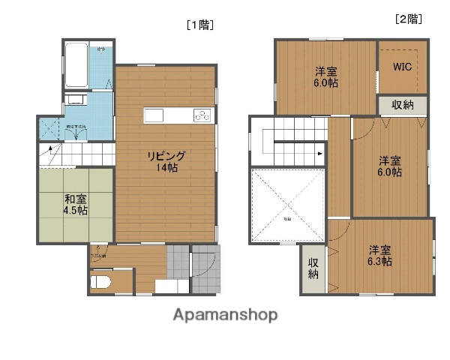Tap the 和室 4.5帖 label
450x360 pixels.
(x=76, y=204)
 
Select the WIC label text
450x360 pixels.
(x=403, y=65)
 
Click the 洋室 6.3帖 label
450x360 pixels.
(x=379, y=256)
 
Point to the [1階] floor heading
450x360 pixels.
(x=200, y=24)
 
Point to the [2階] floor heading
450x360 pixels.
(x=408, y=19)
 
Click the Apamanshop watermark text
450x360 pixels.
(x=225, y=314)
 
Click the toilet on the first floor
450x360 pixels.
(x=100, y=282)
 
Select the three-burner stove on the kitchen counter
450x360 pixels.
(x=203, y=115)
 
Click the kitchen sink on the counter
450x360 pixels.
(x=154, y=115)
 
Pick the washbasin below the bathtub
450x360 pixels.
(x=75, y=100)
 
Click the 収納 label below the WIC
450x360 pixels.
(x=402, y=105)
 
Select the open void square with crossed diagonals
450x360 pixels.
(x=287, y=206)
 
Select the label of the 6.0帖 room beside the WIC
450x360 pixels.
(x=325, y=77)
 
